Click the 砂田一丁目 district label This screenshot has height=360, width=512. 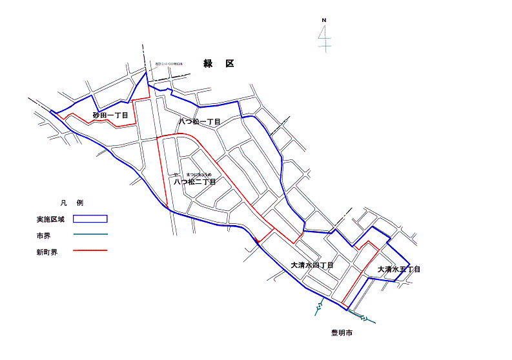110,115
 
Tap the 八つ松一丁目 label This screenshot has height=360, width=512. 200,121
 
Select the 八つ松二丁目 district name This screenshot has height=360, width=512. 194,182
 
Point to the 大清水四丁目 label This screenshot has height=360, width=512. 312,265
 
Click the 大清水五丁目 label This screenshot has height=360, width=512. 399,269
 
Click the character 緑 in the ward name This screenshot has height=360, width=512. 208,63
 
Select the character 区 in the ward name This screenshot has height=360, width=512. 230,63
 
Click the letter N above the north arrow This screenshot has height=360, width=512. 324,21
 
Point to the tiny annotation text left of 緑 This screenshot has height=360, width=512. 169,64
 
